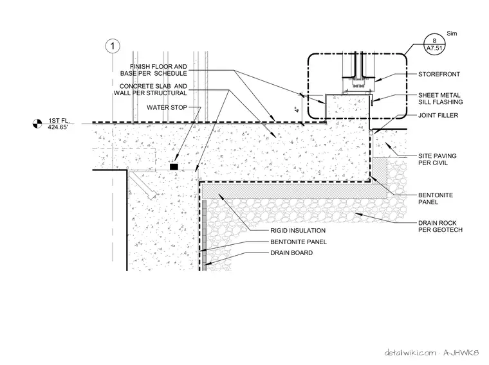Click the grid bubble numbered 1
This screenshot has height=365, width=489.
(113, 46)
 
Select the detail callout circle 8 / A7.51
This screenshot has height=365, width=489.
(434, 44)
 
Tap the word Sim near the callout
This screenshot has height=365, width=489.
(452, 33)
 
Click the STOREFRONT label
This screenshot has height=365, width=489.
(439, 74)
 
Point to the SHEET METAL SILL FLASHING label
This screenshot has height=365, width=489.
(440, 98)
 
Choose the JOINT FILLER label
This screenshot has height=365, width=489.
(438, 115)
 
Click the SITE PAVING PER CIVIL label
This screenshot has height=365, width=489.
(438, 159)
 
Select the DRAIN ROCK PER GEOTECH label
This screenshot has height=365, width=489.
(440, 226)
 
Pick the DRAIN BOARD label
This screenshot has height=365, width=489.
(291, 253)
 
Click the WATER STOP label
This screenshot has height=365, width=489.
(167, 107)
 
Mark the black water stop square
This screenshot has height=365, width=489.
(174, 166)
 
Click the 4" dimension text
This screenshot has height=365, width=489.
(297, 109)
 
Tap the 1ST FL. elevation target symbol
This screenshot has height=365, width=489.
(37, 123)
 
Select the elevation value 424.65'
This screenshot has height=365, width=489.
(57, 127)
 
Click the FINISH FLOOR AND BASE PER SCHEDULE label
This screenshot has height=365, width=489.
(154, 70)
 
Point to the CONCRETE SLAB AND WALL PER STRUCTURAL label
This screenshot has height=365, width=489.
(151, 89)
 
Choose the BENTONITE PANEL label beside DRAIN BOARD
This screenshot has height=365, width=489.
(299, 242)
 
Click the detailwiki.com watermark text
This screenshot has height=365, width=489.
(410, 353)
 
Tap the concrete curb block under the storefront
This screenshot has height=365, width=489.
(347, 107)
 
